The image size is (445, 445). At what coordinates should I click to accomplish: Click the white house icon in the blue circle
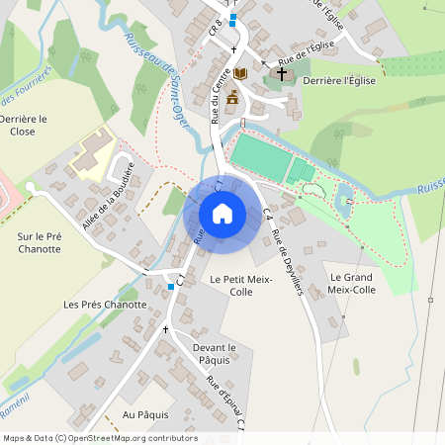click(x=222, y=213)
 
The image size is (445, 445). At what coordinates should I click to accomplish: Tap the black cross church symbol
click(x=281, y=74)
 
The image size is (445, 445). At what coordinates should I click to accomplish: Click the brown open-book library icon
click(x=240, y=74)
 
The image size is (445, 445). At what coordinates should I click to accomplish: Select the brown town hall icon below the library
click(x=232, y=97)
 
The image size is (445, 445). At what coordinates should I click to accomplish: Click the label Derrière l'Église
click(x=338, y=79)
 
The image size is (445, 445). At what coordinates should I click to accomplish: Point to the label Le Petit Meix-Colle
click(x=232, y=286)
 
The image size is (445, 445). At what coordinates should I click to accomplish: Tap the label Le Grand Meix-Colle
click(x=351, y=284)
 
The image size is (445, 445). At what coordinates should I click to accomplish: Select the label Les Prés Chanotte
click(x=104, y=305)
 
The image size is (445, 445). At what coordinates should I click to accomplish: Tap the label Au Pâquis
click(x=145, y=414)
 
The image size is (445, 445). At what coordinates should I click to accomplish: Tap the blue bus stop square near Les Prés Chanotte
click(x=171, y=286)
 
